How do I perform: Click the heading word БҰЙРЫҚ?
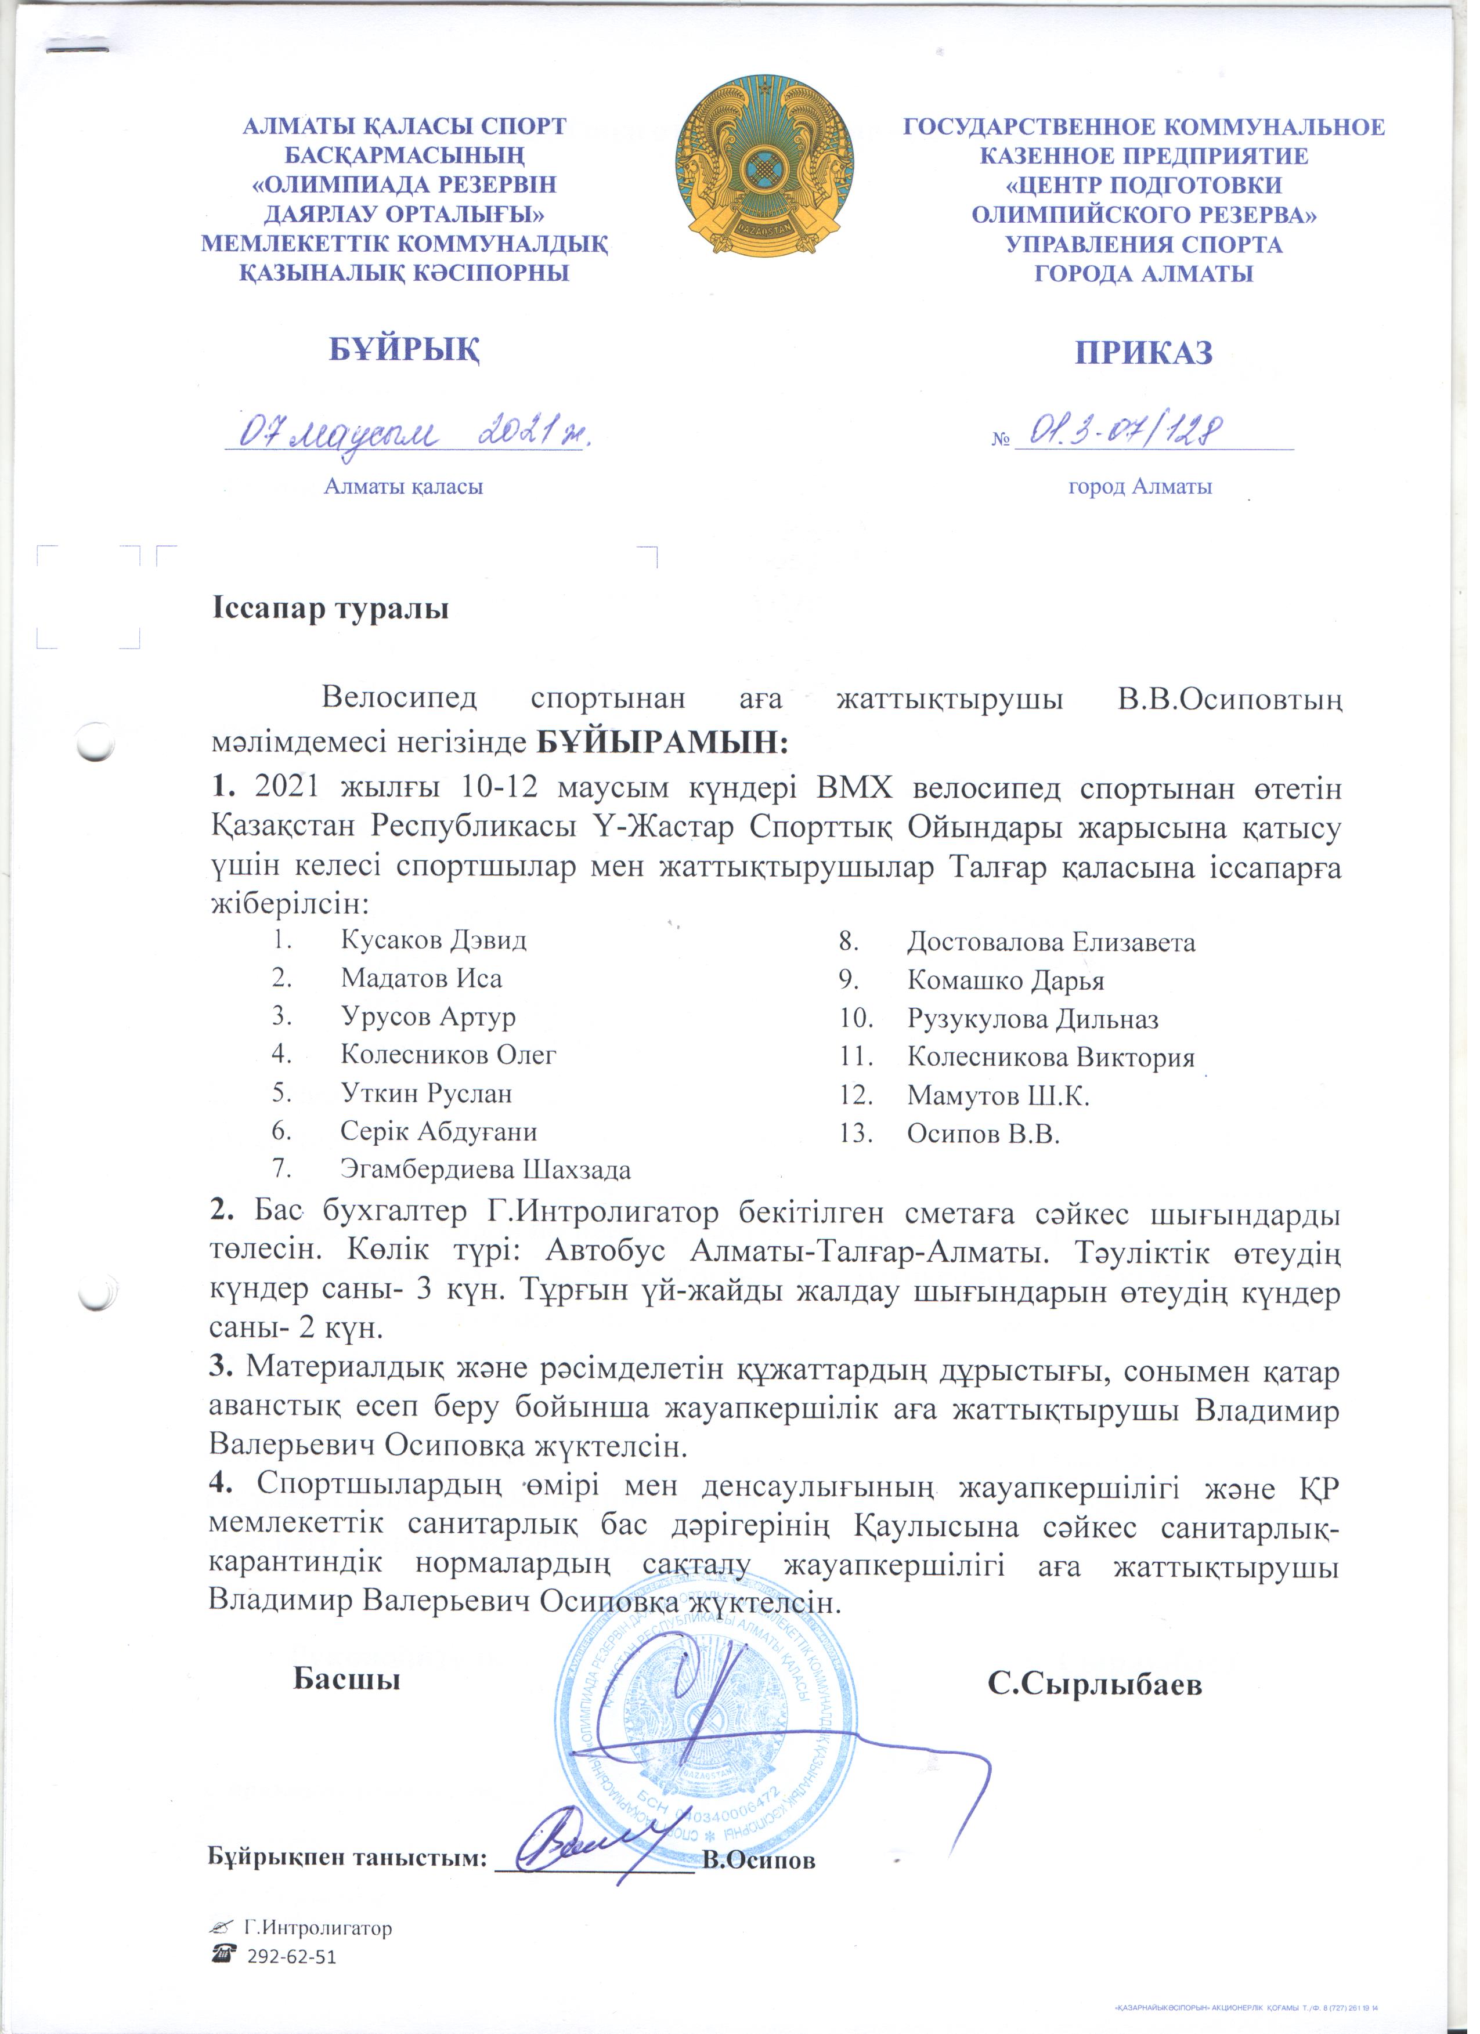[x=405, y=350]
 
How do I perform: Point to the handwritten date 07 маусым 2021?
[x=413, y=433]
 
